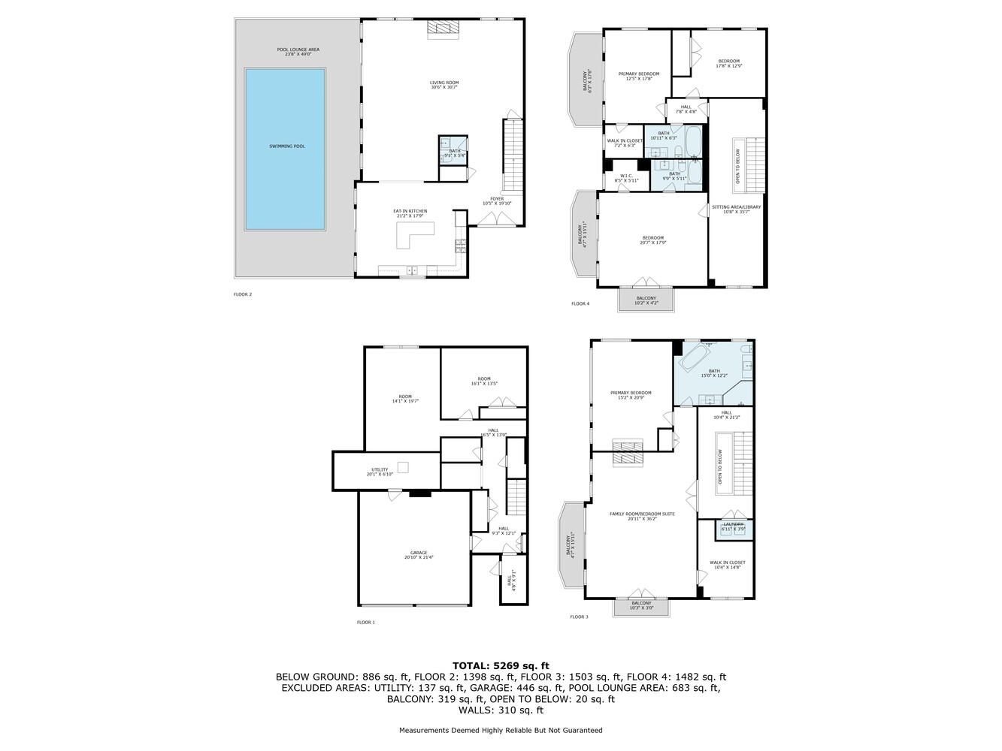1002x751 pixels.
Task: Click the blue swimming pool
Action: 285,149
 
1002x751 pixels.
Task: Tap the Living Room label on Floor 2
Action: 443,85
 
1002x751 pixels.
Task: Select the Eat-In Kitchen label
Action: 410,213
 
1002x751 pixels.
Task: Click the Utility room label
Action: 380,472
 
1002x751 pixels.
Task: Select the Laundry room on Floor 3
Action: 733,527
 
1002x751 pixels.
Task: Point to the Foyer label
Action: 497,201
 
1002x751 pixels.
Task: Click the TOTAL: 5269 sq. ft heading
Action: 501,665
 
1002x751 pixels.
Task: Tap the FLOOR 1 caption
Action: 365,622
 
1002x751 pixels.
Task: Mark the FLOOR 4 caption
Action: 580,303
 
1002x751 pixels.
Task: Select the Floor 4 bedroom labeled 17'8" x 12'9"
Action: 729,63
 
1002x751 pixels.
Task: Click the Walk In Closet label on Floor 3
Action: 727,565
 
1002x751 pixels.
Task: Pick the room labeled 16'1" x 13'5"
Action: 483,381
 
